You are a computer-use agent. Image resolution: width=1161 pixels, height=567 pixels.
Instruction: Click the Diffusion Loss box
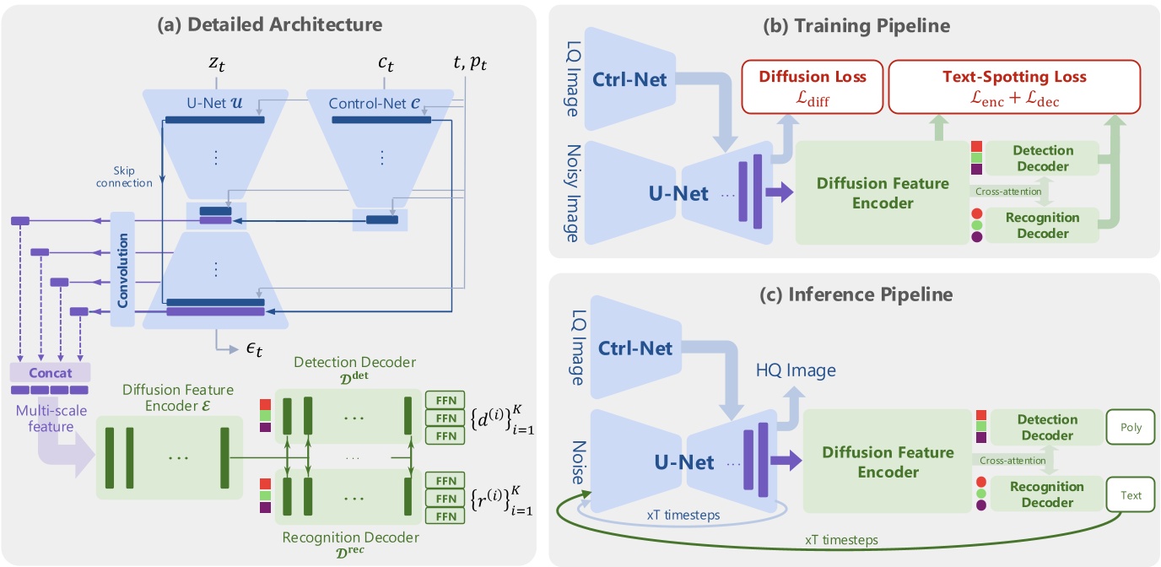(811, 87)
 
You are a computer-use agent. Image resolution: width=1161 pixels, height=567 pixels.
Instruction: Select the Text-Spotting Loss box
(1013, 87)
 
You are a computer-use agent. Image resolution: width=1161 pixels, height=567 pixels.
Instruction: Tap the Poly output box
(1131, 428)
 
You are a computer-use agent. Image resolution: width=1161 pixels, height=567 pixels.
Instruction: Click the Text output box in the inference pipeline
(1131, 495)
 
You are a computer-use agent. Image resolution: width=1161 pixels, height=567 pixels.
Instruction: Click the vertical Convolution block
(122, 268)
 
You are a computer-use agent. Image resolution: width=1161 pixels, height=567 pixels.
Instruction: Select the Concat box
(49, 372)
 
